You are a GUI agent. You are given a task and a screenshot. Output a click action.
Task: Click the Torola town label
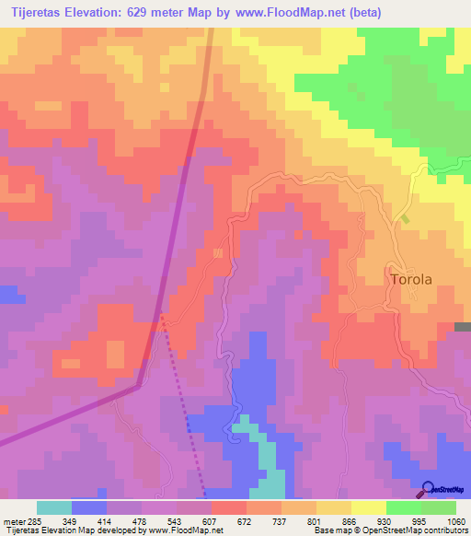[x=410, y=278]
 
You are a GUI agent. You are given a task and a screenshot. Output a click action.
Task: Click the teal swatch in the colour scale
[x=54, y=507]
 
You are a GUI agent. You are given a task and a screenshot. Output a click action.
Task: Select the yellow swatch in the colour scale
[x=368, y=507]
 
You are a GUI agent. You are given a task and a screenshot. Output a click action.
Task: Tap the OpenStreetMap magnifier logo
[x=428, y=488]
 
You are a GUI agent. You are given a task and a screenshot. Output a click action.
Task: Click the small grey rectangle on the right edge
[x=462, y=327]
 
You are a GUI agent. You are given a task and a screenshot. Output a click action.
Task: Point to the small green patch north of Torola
[x=405, y=219]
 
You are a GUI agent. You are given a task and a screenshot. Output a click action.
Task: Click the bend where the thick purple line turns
[x=138, y=387]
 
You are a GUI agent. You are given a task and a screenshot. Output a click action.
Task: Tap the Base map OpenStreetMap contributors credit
[x=389, y=530]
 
